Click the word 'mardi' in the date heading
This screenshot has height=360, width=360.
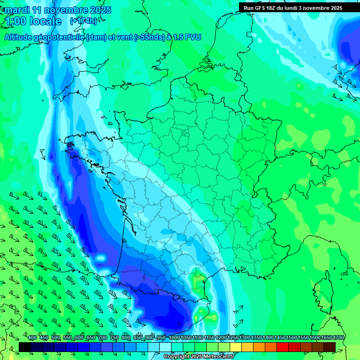pos(17,10)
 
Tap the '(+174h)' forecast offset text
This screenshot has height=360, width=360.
pos(83,21)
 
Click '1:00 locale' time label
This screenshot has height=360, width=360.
pos(33,21)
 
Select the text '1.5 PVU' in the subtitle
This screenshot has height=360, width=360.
pos(187,37)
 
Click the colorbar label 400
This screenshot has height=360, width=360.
pos(32,338)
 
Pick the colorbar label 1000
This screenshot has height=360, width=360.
pos(174,338)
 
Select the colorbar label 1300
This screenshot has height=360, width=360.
pos(245,338)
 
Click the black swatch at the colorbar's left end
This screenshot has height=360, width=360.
pos(25,347)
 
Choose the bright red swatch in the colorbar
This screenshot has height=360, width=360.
pos(282,347)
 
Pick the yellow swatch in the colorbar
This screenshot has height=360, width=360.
pos(235,347)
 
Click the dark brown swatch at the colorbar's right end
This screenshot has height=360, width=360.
pos(329,347)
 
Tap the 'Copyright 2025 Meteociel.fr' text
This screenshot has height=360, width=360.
pos(199,357)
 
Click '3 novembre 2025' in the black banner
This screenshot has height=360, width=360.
pos(320,8)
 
